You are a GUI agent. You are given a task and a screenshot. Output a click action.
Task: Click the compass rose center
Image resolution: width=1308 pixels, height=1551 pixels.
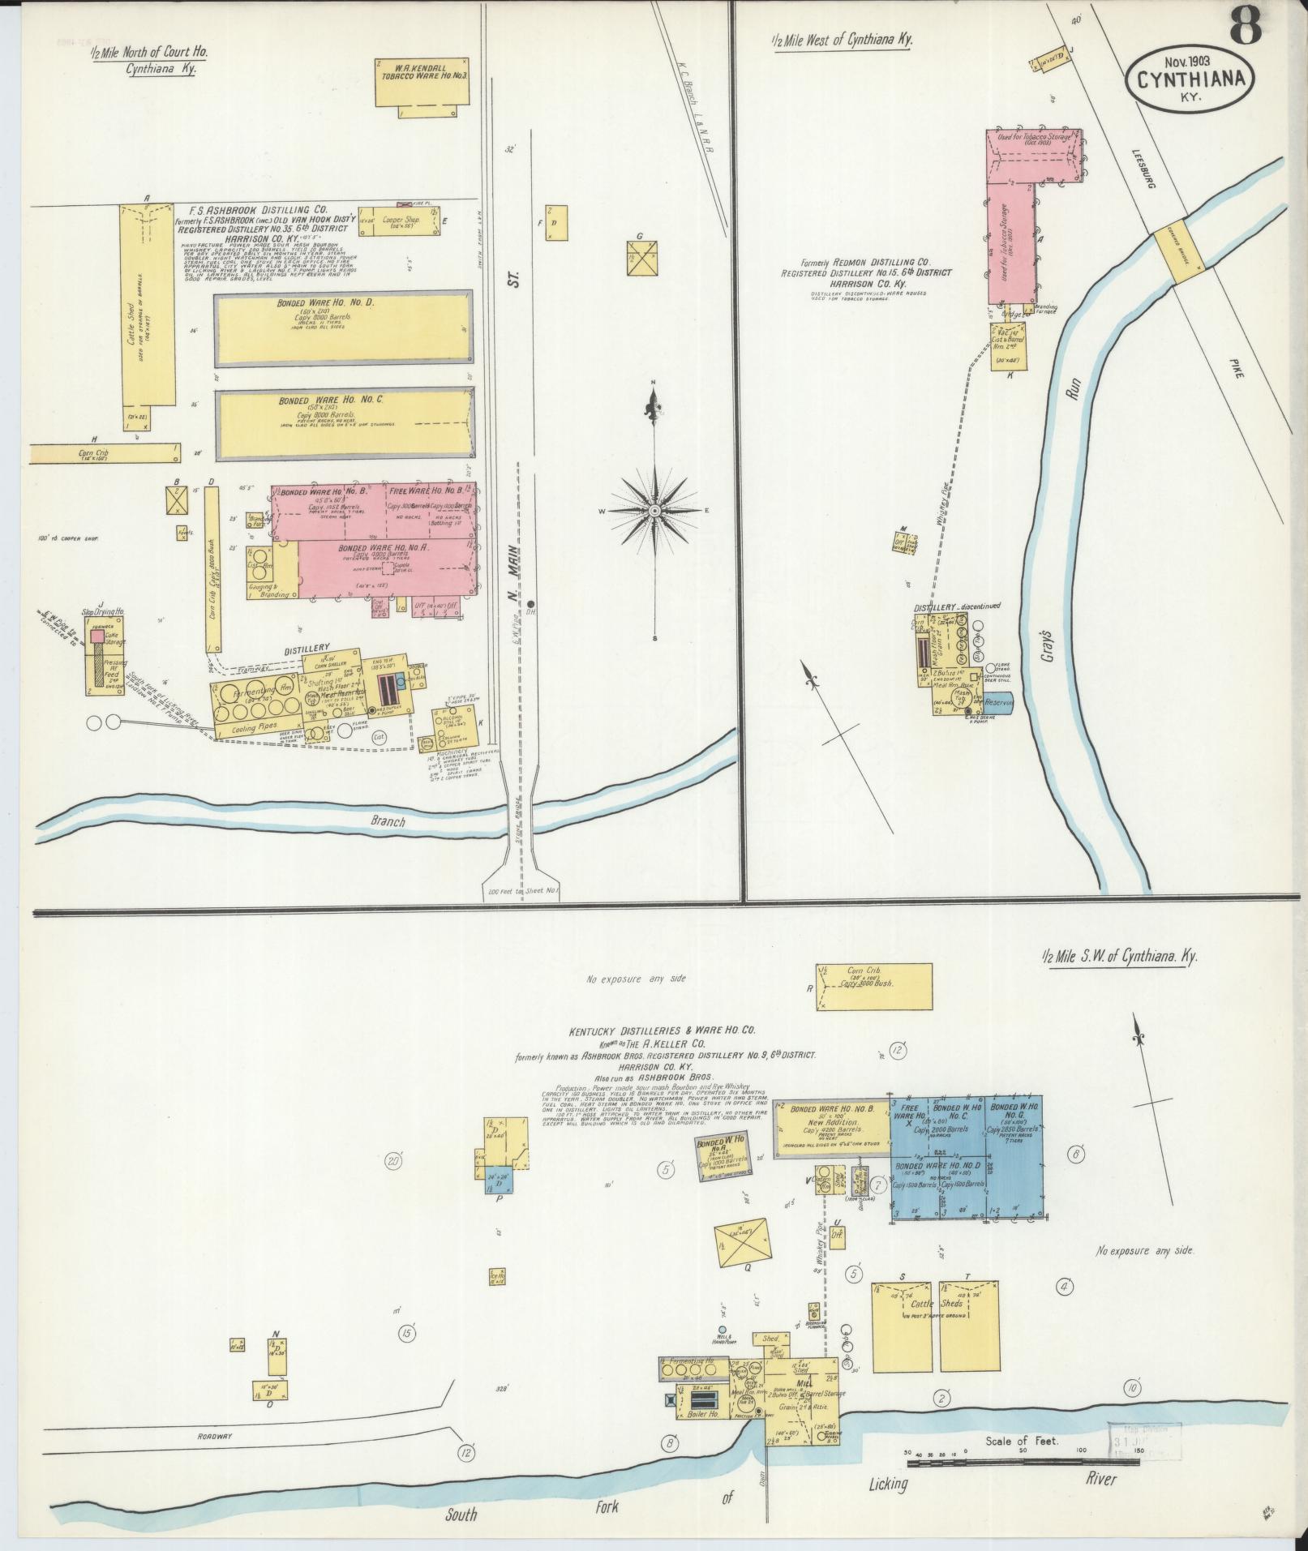pyautogui.click(x=654, y=510)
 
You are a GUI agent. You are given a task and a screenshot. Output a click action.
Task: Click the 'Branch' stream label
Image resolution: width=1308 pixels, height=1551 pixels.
pyautogui.click(x=388, y=820)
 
